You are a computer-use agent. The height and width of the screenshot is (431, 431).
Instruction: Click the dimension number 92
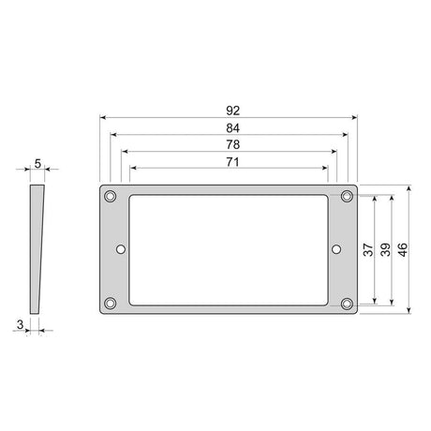(229, 109)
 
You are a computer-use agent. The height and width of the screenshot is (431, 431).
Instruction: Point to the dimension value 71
(229, 162)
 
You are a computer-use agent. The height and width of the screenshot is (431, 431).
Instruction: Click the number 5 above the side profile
(37, 164)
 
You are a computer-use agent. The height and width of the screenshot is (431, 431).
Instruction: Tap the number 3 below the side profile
(20, 323)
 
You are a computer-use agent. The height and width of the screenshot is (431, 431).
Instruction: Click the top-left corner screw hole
(111, 196)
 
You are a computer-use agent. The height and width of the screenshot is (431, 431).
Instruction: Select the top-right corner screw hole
(347, 196)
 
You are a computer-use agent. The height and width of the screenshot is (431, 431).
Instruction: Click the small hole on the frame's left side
(121, 249)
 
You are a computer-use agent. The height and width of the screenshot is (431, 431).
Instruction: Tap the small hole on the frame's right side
(336, 249)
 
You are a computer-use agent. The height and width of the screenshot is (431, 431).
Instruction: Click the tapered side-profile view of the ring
(37, 248)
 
